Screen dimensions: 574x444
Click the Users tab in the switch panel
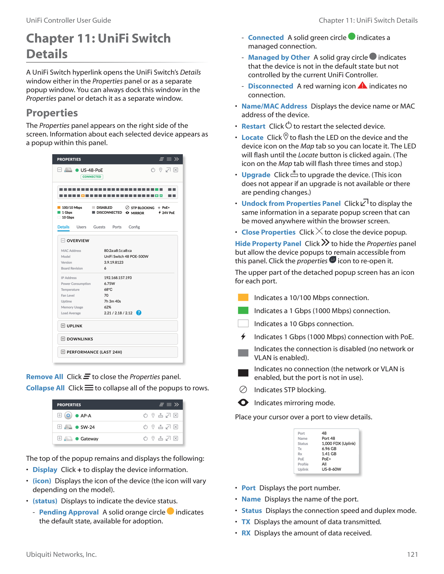point(81,227)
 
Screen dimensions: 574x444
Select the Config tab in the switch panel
point(134,227)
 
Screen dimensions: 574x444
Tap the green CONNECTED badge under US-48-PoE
point(91,177)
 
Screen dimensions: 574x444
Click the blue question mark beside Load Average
point(139,313)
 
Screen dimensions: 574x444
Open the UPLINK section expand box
point(63,326)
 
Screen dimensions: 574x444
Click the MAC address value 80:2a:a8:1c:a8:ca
point(118,251)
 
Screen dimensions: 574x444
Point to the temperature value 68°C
point(108,290)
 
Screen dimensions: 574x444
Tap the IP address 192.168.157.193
point(118,278)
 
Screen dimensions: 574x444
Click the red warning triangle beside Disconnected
point(363,85)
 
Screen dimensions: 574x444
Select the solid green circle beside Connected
point(352,36)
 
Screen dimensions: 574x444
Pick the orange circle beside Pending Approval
point(171,511)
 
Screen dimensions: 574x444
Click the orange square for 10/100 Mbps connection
point(243,297)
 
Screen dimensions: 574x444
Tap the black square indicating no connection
point(243,373)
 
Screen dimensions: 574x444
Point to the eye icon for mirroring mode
point(243,403)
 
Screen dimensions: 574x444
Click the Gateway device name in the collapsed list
point(89,439)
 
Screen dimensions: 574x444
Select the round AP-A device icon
point(68,416)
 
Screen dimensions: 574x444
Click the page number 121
point(412,554)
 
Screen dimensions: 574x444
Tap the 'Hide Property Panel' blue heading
point(268,244)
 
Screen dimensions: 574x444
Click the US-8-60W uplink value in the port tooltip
point(331,469)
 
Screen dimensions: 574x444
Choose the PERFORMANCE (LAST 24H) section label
point(94,352)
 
